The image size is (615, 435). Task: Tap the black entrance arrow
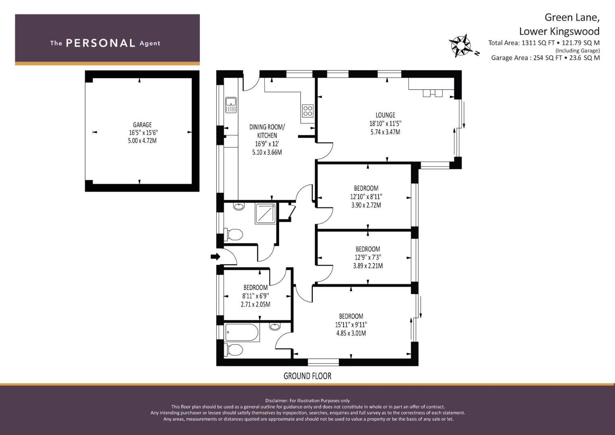(x=215, y=257)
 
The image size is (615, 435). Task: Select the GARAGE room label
(x=142, y=125)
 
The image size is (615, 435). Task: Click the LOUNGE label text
(x=385, y=115)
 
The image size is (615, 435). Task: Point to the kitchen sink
(x=231, y=105)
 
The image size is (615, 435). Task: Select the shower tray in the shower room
(x=265, y=213)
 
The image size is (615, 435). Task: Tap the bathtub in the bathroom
(x=242, y=333)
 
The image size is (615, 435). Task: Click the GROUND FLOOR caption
(x=307, y=376)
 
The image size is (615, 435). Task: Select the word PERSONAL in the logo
(x=101, y=43)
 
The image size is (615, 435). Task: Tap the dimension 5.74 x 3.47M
(x=385, y=132)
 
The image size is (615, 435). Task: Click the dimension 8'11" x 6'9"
(x=255, y=296)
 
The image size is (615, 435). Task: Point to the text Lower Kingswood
(x=559, y=31)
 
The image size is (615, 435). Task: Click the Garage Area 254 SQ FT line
(x=545, y=58)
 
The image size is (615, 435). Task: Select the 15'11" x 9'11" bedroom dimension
(x=351, y=325)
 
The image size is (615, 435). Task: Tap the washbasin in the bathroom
(x=275, y=327)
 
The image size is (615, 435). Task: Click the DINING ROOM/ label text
(x=267, y=127)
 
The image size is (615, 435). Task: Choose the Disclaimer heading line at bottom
(x=307, y=401)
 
